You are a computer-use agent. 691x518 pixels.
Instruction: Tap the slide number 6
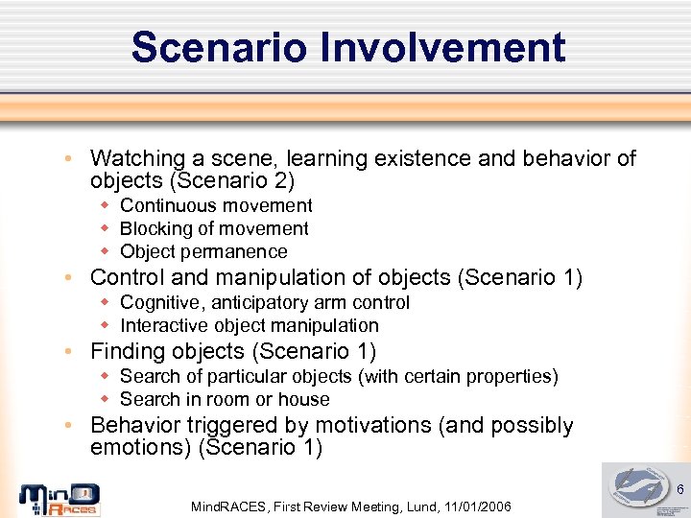(677, 490)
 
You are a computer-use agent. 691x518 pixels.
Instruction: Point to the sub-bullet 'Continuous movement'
(216, 205)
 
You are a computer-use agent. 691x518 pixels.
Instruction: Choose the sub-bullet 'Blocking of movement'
(214, 228)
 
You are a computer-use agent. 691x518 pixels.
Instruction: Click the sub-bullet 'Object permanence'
(203, 251)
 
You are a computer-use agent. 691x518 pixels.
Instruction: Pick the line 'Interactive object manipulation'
(249, 325)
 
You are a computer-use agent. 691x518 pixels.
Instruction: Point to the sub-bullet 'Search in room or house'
(225, 399)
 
